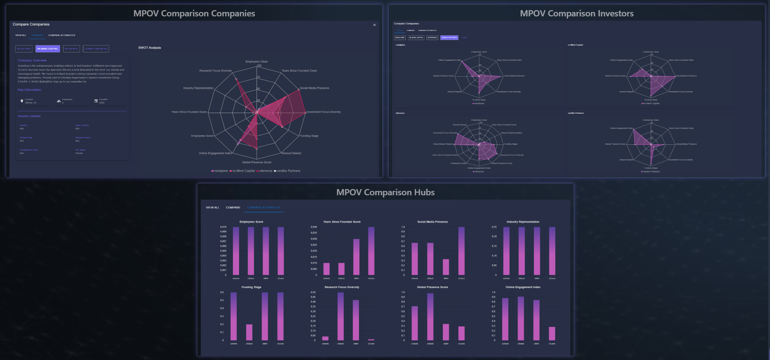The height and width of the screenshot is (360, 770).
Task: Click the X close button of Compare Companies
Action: (x=374, y=25)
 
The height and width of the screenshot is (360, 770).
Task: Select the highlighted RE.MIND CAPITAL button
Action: (x=48, y=49)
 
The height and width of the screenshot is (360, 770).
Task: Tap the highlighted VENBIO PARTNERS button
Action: (x=449, y=37)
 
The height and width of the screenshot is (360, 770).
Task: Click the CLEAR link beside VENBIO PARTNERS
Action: (x=464, y=37)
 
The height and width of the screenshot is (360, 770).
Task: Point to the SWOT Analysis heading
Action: (x=149, y=48)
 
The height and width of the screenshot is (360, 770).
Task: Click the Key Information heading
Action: (x=29, y=90)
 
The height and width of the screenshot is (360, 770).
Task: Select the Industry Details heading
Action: (x=29, y=116)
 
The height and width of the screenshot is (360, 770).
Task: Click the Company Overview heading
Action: (x=32, y=60)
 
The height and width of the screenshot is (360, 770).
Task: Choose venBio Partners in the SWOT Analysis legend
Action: (x=288, y=171)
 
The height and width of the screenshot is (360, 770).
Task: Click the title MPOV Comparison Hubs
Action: (x=385, y=192)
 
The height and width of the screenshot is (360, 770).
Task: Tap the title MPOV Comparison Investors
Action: (x=576, y=13)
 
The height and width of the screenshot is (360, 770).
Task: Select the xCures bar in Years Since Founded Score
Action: (x=371, y=251)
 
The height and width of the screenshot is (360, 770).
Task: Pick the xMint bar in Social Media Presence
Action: (x=446, y=267)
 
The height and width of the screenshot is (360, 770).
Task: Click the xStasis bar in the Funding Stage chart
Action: (x=249, y=332)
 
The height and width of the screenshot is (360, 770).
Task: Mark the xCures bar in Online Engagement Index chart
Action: (x=552, y=333)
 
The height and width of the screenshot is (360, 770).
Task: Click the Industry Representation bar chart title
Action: (x=523, y=222)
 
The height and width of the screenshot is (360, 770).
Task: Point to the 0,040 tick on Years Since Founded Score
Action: (x=314, y=227)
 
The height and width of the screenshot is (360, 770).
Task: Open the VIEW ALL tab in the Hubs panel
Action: (x=212, y=208)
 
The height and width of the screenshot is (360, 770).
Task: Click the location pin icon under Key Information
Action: (x=22, y=101)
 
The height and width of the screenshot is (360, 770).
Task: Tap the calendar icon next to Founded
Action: (x=96, y=101)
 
